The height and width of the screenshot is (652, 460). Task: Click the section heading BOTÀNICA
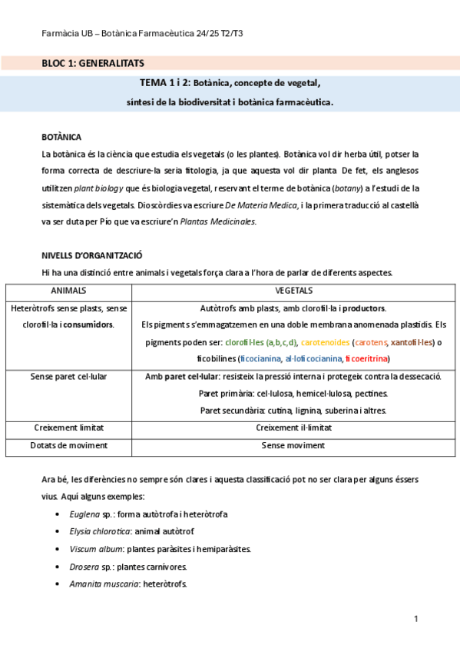61,137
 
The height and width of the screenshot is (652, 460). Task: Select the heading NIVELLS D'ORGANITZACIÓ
91,255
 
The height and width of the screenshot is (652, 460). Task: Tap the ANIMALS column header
68,291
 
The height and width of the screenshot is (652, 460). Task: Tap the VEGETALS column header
293,291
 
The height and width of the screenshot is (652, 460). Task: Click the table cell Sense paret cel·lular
68,377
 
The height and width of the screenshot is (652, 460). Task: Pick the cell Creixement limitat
68,427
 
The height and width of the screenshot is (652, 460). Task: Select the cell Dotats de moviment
68,445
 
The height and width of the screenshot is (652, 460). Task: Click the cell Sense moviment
293,445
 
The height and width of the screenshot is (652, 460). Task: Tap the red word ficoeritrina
367,359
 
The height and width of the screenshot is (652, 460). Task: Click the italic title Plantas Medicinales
218,222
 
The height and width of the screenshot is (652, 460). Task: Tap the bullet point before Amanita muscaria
60,584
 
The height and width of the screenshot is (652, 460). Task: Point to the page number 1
415,619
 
